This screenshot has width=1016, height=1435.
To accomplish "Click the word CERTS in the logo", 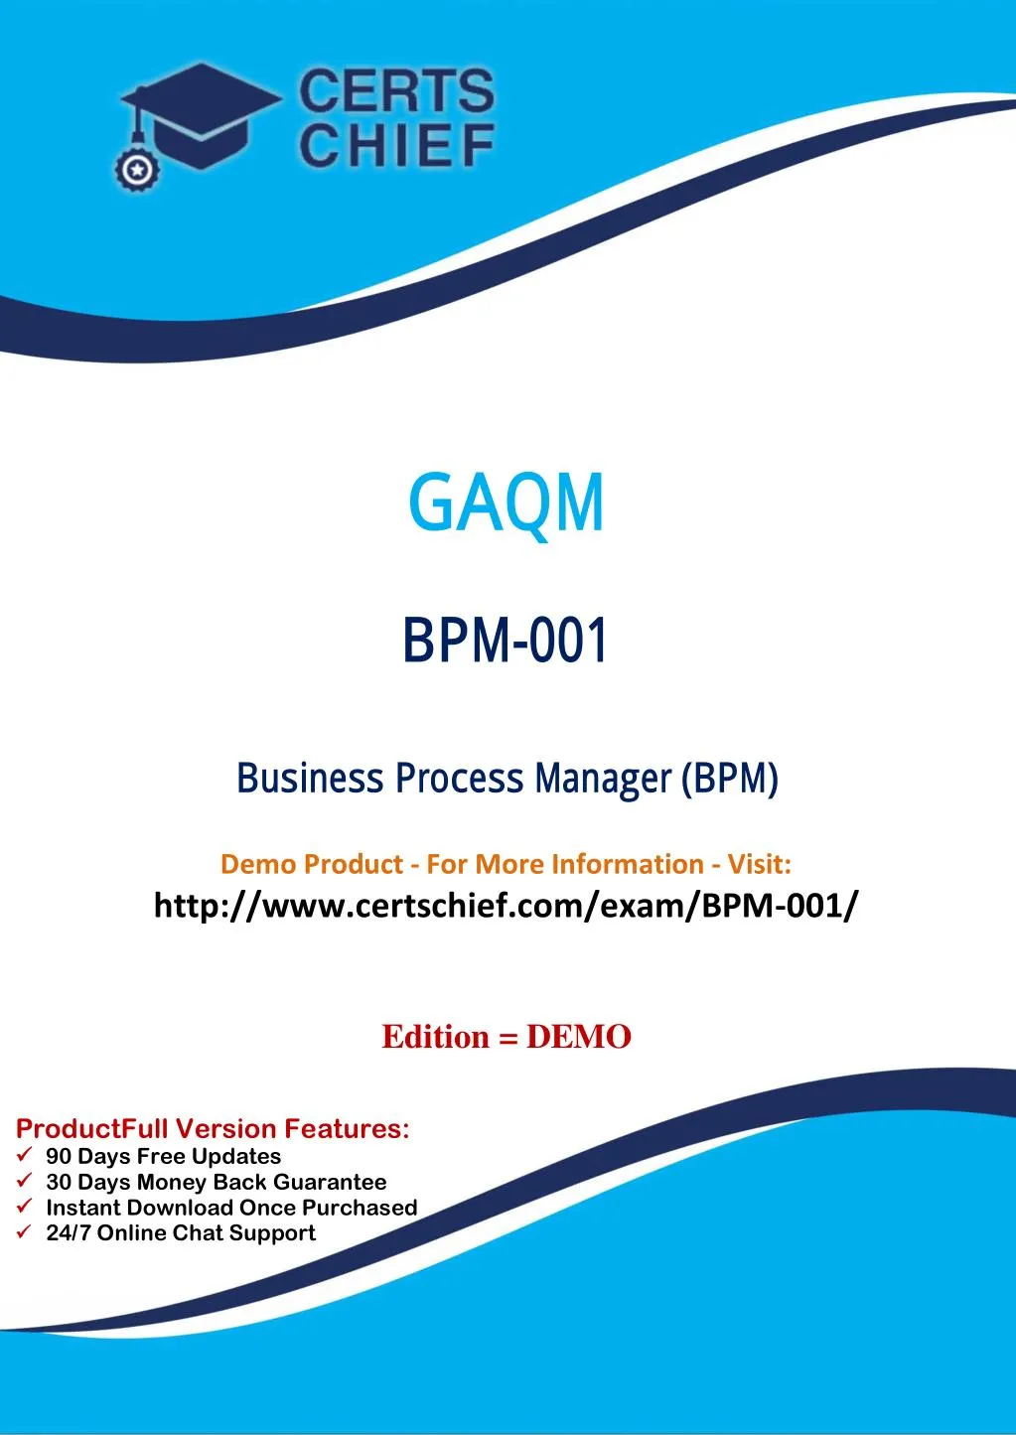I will (395, 92).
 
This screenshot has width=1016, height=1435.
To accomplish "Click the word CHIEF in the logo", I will (395, 146).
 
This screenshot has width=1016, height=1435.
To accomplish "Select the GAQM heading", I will (506, 502).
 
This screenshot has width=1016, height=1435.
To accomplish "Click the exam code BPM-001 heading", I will (506, 641).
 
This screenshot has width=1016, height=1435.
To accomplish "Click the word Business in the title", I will (310, 778).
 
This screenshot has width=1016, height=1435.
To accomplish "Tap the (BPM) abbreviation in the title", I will (730, 779).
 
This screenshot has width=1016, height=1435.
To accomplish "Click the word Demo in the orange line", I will (256, 864).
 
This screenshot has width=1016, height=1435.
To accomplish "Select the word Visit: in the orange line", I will (759, 864).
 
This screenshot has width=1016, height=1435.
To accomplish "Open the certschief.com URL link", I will (506, 906).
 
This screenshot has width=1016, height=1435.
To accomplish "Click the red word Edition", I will (436, 1037).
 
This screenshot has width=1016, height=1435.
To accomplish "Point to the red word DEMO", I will (579, 1037).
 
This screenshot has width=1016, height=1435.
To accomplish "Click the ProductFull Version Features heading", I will (213, 1129).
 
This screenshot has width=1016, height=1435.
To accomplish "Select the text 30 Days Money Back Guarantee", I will (216, 1182).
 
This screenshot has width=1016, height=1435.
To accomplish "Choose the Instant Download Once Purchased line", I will (230, 1208).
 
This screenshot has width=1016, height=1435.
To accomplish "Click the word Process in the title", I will (459, 778).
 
